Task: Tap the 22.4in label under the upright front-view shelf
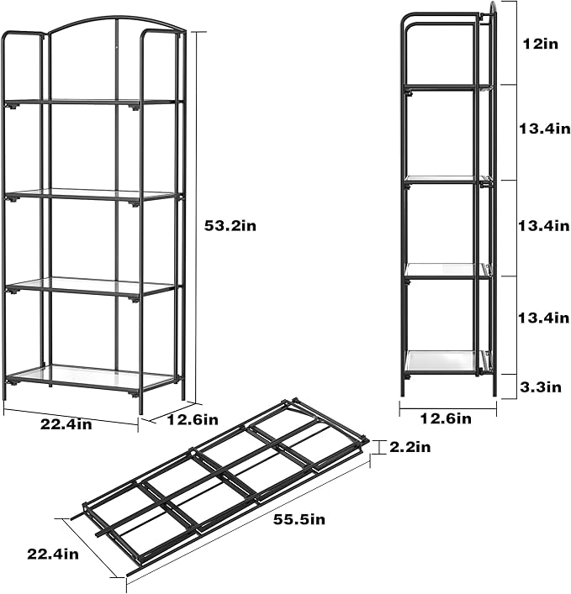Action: pos(66,424)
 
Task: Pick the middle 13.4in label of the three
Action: pos(539,225)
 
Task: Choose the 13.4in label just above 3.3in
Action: pos(539,317)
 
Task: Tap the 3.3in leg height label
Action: pos(539,386)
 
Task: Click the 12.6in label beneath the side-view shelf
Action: pos(447,418)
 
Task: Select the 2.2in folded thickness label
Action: pos(410,447)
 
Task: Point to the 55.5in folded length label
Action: pos(299,519)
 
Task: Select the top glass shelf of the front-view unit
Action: pos(93,103)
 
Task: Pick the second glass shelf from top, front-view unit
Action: pos(93,195)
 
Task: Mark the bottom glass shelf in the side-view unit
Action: pos(444,362)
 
